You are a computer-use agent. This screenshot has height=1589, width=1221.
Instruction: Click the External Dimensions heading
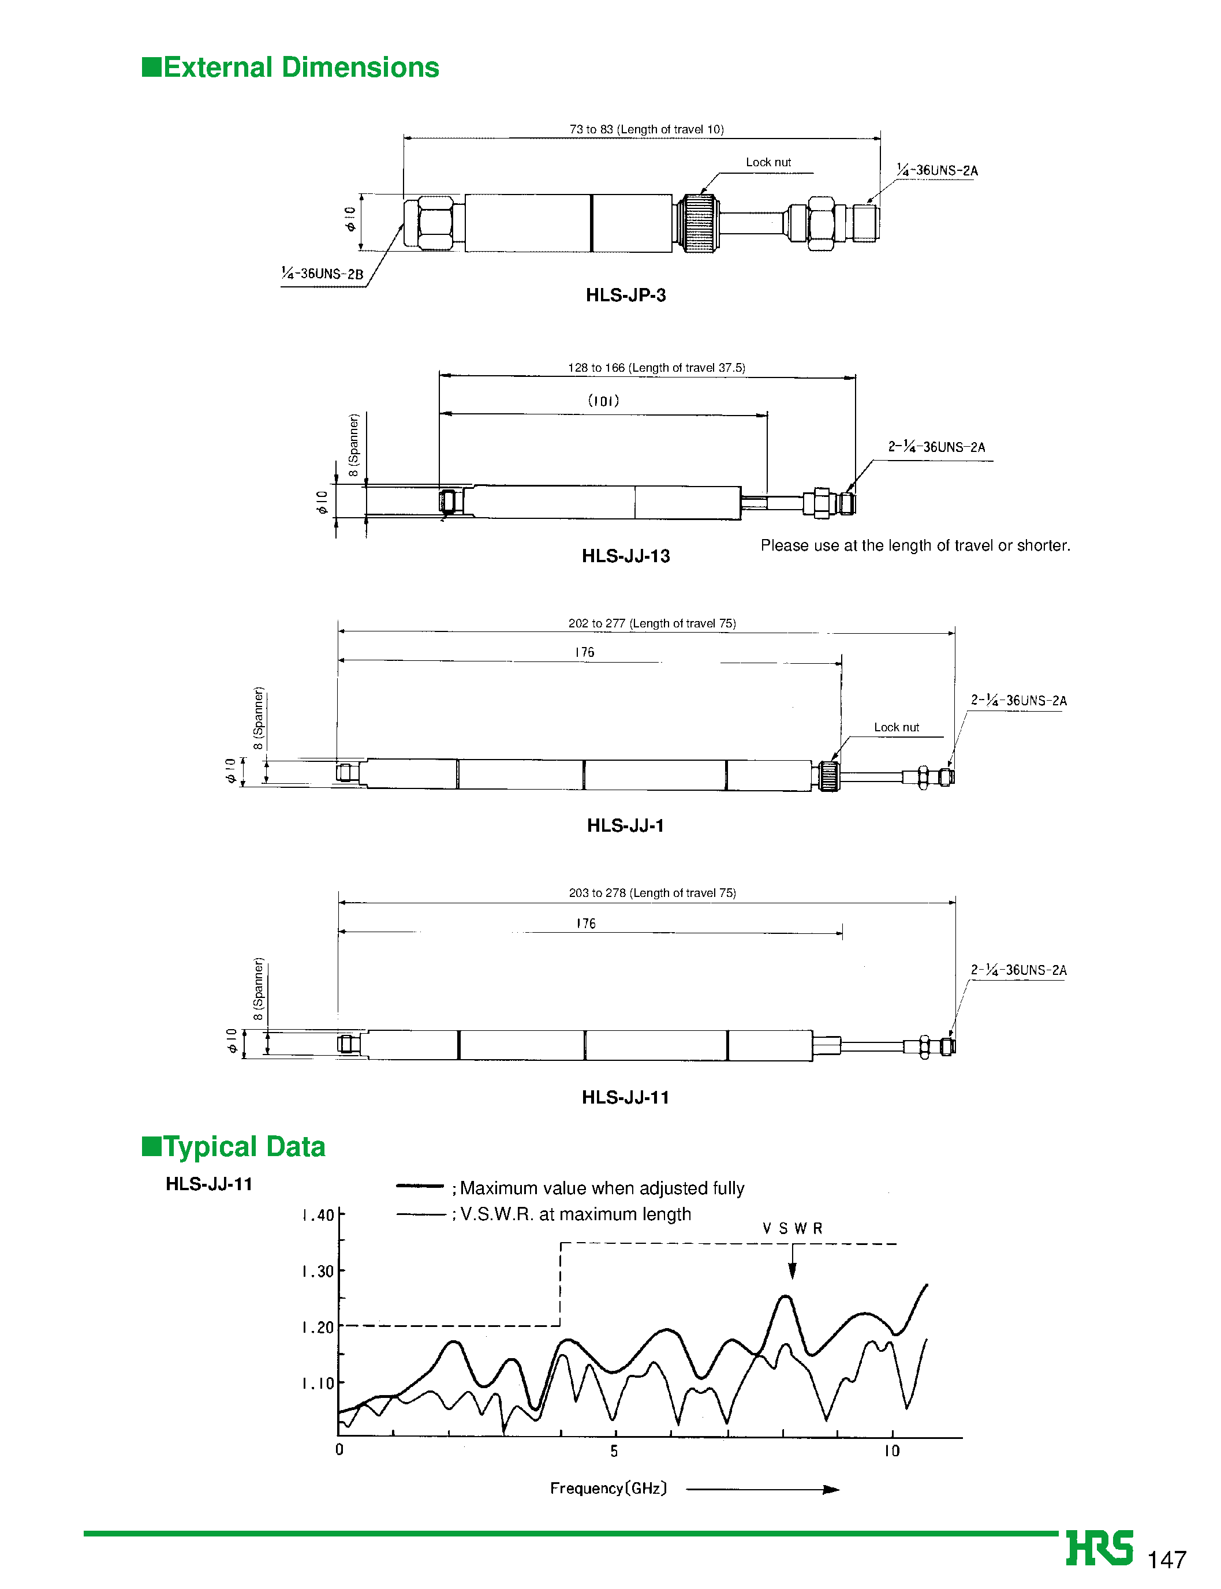tap(291, 68)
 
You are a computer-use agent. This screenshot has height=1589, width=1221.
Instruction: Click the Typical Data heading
tap(234, 1146)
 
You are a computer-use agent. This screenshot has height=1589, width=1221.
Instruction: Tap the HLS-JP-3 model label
tap(626, 295)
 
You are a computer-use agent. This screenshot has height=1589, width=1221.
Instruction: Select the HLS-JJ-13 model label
tap(626, 556)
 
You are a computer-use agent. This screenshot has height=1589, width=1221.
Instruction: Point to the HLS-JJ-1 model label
tap(626, 825)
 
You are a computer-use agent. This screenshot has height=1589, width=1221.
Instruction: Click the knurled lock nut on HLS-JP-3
tap(698, 223)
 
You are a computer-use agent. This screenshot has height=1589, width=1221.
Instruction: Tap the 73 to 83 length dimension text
tap(646, 129)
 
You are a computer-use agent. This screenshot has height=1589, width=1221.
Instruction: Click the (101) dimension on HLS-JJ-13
tap(603, 401)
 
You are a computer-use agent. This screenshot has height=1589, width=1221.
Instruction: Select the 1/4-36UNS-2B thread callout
tap(323, 274)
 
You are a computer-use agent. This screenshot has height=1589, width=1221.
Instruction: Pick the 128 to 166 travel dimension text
tap(656, 368)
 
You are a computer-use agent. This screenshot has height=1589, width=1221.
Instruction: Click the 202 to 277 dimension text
tap(652, 623)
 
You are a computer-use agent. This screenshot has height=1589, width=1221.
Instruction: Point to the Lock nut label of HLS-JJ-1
tap(896, 727)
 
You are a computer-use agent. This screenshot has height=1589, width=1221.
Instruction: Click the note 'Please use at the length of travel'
tap(915, 545)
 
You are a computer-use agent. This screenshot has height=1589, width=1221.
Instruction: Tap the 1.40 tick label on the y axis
tap(318, 1216)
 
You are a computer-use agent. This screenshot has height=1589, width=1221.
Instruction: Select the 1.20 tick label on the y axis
tap(318, 1328)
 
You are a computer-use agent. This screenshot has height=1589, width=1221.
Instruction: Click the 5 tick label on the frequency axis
tap(614, 1451)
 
